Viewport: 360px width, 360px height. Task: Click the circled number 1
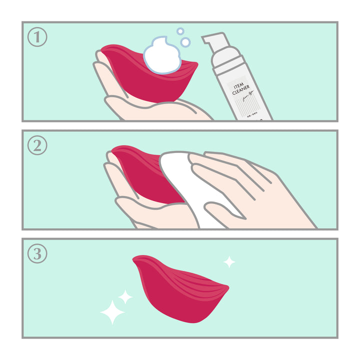tap(37, 37)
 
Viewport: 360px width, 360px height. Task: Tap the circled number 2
tap(37, 145)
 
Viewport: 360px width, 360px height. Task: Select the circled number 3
tap(37, 254)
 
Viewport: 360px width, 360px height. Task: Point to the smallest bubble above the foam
tap(180, 31)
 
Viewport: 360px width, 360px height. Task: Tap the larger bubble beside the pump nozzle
tap(185, 42)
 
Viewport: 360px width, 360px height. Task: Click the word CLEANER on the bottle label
tap(240, 92)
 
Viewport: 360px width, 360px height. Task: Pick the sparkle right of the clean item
tap(229, 261)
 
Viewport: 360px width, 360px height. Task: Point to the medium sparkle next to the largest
tap(125, 297)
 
